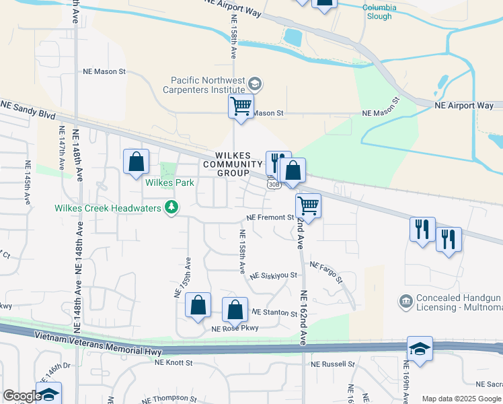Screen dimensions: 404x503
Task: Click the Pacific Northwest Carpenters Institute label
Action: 206,84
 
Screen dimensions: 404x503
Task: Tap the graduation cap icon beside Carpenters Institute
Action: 254,84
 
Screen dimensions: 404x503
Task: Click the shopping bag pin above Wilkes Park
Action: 137,162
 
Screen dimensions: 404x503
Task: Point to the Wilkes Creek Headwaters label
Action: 108,208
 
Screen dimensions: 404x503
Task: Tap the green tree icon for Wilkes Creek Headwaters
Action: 171,207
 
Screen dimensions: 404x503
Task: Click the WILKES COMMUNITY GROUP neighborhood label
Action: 233,164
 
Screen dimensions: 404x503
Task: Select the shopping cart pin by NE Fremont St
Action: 308,205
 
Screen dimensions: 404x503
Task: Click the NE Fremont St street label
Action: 270,217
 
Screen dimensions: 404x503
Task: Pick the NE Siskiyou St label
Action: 273,275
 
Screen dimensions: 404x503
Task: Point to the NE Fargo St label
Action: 325,272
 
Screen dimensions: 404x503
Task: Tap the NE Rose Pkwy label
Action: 235,329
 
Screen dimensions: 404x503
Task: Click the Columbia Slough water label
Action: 379,12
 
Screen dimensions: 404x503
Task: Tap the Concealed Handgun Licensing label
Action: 459,303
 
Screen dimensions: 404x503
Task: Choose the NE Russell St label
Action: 333,364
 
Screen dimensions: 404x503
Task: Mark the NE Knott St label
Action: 173,362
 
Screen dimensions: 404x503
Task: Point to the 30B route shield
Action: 272,183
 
